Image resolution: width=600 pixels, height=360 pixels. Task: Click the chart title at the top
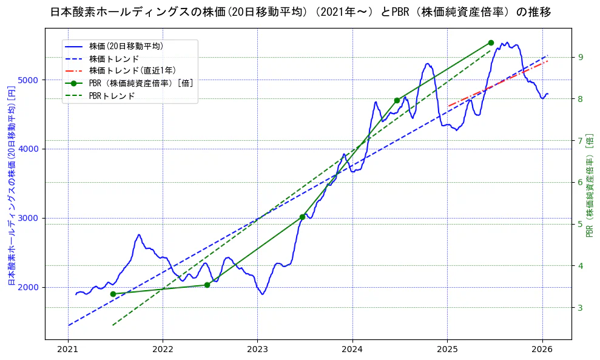point(300,12)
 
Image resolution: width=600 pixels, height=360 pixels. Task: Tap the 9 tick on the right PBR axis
point(580,57)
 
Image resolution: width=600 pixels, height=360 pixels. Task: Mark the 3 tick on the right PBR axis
point(580,308)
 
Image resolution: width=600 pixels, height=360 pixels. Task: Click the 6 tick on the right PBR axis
point(580,182)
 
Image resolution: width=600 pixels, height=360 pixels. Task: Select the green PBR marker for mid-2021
point(113,294)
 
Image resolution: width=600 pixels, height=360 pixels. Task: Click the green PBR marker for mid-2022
point(207,285)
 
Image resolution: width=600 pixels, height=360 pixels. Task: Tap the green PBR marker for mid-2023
point(302,217)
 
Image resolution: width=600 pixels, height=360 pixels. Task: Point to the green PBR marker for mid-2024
point(397,100)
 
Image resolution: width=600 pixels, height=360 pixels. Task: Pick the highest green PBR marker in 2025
point(491,42)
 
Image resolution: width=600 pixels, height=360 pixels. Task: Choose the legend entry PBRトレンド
point(112,96)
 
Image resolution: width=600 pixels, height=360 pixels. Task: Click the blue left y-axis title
point(11,185)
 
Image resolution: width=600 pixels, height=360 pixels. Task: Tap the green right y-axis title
point(590,185)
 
